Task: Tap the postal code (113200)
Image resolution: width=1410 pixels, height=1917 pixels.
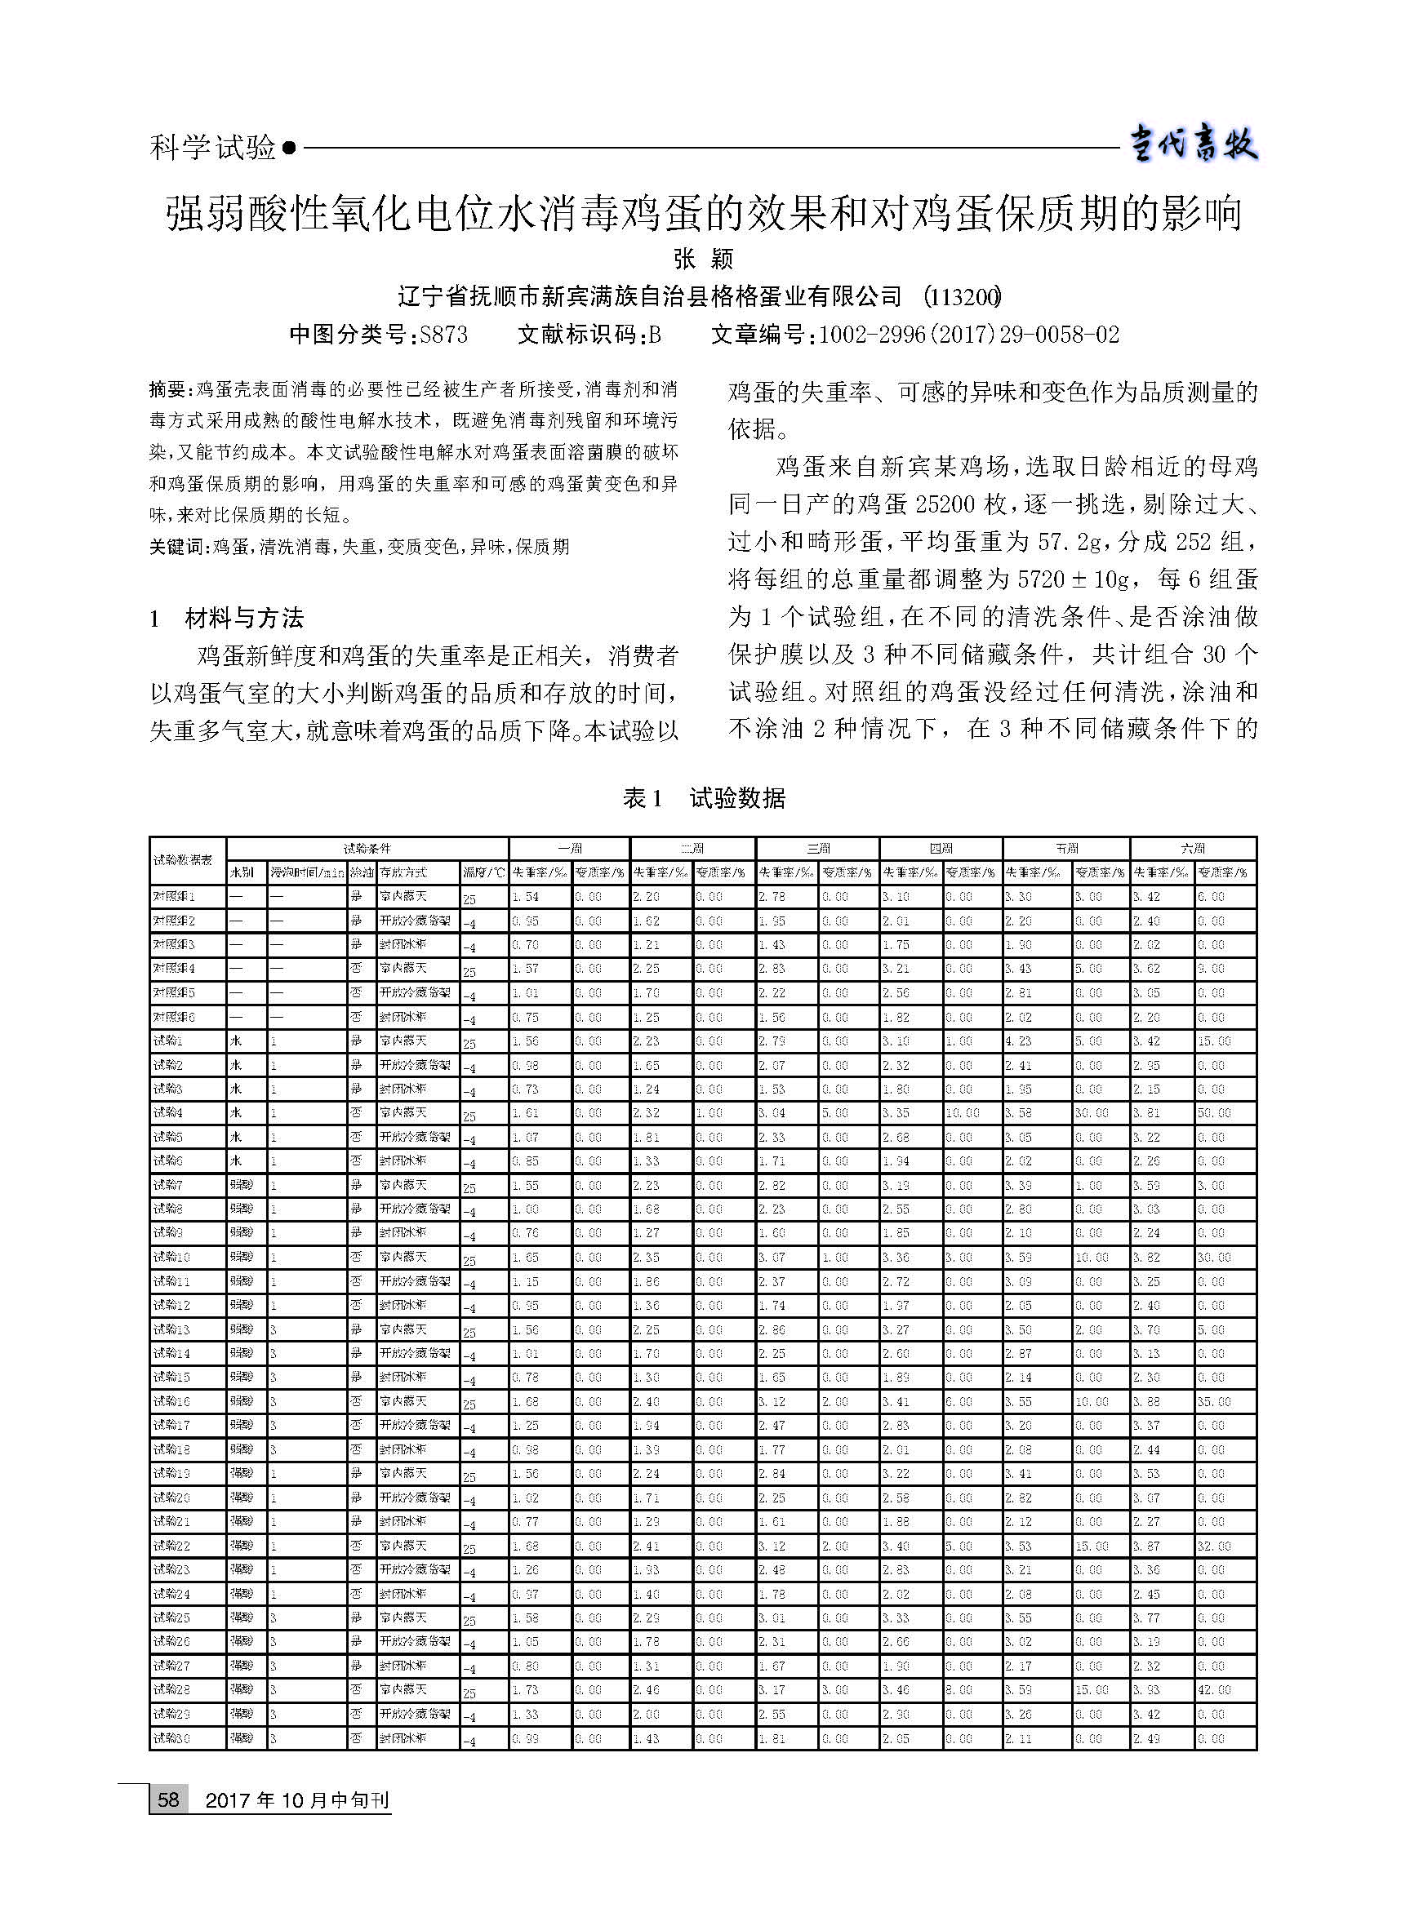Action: click(x=963, y=297)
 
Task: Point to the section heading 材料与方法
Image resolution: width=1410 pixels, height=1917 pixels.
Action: click(x=244, y=618)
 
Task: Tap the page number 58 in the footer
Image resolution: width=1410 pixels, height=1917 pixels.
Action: click(x=168, y=1799)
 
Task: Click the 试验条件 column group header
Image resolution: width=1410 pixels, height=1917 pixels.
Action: click(x=367, y=849)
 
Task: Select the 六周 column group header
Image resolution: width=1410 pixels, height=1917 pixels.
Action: click(x=1192, y=849)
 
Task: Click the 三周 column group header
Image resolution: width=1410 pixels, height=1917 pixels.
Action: click(x=817, y=849)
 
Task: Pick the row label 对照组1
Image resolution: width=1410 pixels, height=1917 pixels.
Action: click(x=174, y=897)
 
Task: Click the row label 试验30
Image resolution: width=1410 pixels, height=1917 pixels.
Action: click(x=171, y=1737)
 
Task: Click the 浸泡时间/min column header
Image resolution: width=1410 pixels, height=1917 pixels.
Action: click(x=306, y=872)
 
